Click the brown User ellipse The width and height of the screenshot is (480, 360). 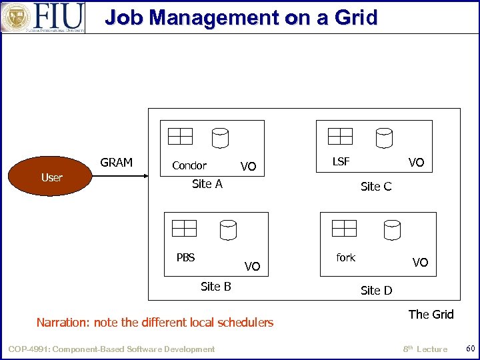(51, 177)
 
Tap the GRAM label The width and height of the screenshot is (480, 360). (116, 162)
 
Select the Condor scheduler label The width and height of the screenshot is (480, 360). (189, 165)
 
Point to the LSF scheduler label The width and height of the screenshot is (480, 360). (341, 161)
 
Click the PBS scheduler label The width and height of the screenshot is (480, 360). (185, 257)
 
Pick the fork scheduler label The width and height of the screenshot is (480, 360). (345, 257)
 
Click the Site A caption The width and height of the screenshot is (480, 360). (207, 184)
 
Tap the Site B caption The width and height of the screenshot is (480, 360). (215, 286)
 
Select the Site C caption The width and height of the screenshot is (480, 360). (376, 187)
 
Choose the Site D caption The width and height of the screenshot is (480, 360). (376, 290)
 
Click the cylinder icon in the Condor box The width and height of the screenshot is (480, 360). (220, 138)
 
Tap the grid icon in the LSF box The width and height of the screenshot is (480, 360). (340, 137)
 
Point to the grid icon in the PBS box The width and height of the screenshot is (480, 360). (184, 228)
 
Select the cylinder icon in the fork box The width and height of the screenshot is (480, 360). (391, 230)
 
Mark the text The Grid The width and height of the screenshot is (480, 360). (431, 314)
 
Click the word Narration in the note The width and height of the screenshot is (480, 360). (63, 323)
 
